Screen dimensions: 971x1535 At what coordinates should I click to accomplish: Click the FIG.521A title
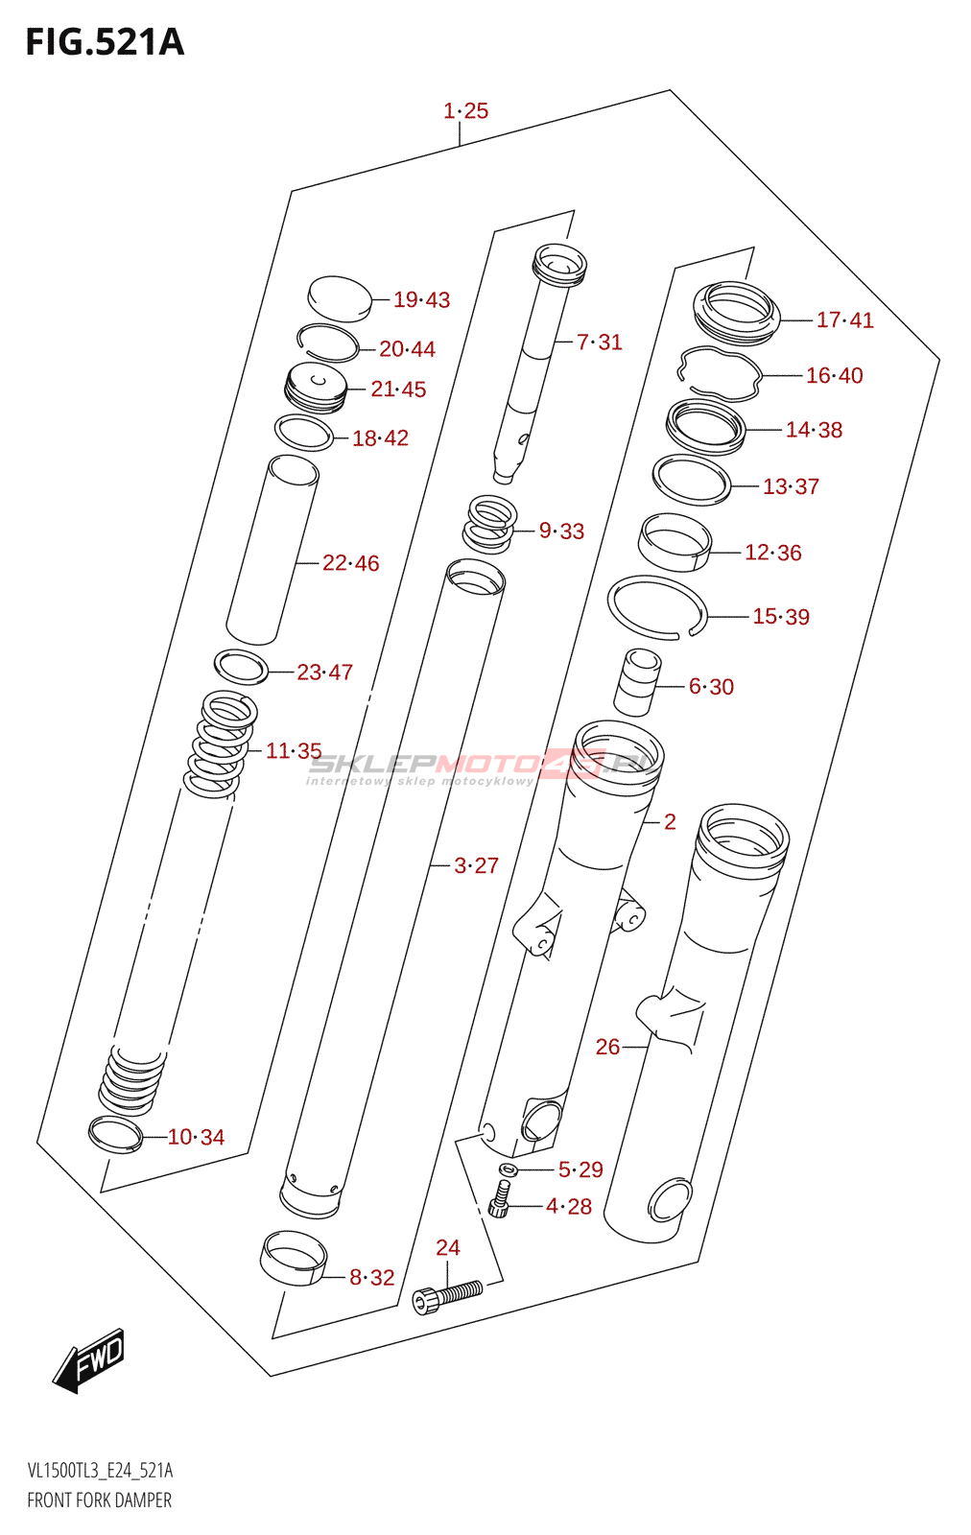105,42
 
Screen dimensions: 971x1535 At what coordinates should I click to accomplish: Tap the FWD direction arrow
88,1371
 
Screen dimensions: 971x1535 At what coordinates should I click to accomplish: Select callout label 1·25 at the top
466,110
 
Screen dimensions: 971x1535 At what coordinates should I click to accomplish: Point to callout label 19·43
421,299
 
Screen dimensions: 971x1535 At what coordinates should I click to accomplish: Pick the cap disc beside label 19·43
340,298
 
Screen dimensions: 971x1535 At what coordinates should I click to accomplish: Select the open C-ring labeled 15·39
656,608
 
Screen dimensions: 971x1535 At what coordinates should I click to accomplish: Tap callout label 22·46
350,563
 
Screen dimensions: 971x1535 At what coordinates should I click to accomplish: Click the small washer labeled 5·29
508,1168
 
